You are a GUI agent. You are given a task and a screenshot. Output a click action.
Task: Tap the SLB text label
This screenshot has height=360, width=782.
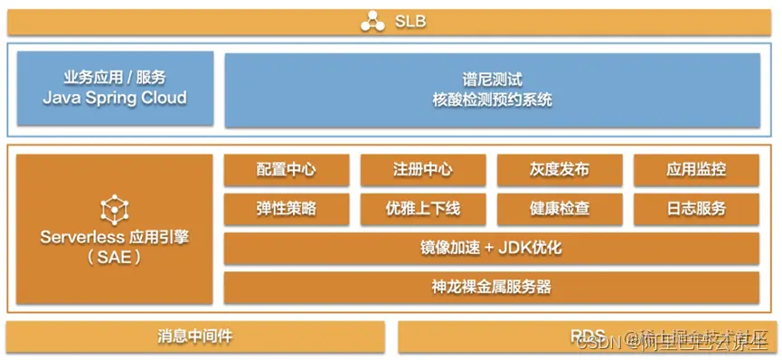410,21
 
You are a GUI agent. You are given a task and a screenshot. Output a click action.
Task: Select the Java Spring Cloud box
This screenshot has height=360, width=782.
115,89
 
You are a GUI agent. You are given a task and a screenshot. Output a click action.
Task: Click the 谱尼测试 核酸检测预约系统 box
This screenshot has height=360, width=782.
492,90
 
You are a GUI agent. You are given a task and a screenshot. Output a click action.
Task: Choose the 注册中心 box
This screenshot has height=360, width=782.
422,169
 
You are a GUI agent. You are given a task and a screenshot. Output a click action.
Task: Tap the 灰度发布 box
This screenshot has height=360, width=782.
560,169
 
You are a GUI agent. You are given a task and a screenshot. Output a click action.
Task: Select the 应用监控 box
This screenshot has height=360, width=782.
696,169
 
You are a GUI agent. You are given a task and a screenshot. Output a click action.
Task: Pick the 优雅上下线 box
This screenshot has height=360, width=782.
422,209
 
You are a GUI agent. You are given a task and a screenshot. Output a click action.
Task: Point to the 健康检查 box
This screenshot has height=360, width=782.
560,209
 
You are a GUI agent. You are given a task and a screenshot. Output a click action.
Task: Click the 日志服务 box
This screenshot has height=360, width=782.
696,209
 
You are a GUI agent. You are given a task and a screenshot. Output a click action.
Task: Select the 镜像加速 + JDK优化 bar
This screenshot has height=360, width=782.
492,248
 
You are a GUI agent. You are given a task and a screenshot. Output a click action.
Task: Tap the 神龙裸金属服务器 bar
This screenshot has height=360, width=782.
492,288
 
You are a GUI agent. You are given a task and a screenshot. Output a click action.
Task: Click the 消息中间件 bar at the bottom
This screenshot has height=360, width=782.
195,336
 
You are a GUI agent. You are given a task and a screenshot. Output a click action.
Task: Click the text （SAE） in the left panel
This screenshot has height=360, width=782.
114,257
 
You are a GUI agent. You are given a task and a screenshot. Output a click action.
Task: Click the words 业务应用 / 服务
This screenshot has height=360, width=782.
115,79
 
